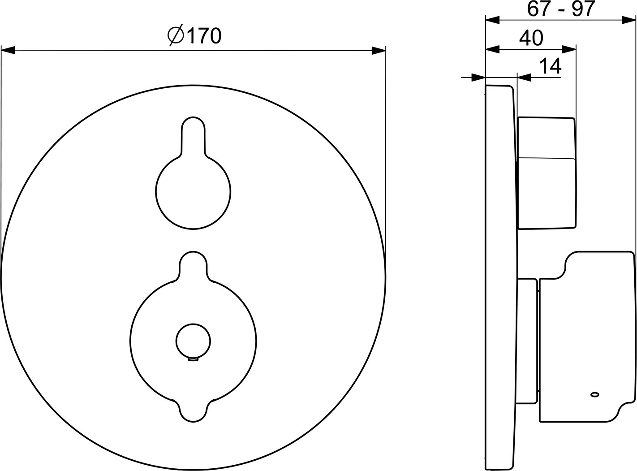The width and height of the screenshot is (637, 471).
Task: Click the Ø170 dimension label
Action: point(194,36)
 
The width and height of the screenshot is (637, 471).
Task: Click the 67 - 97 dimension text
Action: point(560,9)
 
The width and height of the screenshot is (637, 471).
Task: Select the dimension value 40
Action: point(531,38)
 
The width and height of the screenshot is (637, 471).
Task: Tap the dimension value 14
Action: point(551,66)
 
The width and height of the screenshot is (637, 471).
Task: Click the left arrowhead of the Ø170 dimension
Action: point(8,50)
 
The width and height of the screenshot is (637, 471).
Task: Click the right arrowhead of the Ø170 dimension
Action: point(379,50)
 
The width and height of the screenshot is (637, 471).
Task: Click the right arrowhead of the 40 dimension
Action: point(569,49)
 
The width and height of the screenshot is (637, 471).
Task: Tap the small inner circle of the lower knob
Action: point(193,341)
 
